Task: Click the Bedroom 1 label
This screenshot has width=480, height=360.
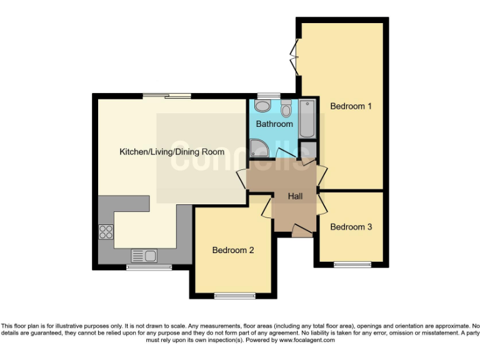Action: [x=351, y=106]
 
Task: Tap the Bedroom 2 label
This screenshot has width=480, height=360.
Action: [x=233, y=251]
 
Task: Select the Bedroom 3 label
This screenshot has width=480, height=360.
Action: [x=351, y=227]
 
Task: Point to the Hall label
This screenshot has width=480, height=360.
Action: [x=295, y=196]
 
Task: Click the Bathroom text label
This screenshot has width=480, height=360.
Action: [x=274, y=124]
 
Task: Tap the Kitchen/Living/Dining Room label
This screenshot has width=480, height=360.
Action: [x=171, y=151]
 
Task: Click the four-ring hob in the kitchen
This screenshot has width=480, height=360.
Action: [x=106, y=232]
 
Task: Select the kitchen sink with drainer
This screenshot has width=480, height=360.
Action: [x=144, y=255]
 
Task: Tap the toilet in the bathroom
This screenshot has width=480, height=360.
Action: [x=286, y=109]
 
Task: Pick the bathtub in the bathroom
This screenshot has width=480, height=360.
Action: [x=307, y=118]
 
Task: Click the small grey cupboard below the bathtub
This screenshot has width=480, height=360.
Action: [x=307, y=151]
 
